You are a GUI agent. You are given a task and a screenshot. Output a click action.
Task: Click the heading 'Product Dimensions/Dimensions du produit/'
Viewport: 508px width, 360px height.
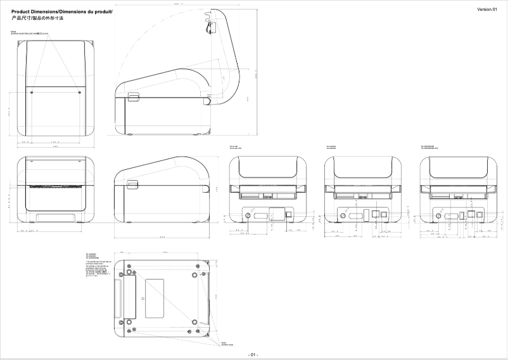61,12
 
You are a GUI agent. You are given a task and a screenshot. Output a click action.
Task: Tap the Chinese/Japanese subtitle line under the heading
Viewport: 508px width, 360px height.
38,19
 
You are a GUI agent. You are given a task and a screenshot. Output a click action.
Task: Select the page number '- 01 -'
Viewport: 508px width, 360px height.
253,354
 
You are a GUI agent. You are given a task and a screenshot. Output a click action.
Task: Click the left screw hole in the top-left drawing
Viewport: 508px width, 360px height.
32,92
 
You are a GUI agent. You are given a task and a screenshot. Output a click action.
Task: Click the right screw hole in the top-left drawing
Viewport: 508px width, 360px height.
79,92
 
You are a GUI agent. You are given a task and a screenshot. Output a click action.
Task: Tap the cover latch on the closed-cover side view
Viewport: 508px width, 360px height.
133,184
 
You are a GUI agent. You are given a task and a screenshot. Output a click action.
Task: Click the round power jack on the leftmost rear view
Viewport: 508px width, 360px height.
246,215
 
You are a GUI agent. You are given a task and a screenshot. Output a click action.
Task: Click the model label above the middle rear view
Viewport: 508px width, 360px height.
333,147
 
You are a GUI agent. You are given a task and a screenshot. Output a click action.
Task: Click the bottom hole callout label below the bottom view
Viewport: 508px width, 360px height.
225,344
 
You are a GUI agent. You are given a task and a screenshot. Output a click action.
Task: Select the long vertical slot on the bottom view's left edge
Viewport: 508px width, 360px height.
118,298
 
